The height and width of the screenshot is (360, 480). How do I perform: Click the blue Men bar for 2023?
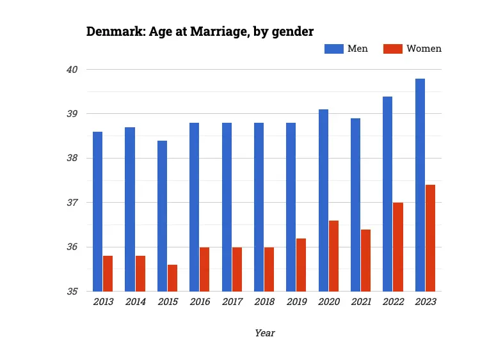click(x=420, y=185)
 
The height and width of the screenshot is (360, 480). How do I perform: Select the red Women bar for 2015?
click(x=173, y=278)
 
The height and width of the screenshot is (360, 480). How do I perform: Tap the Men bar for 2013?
click(x=98, y=212)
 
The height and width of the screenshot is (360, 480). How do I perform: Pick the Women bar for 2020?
click(x=333, y=256)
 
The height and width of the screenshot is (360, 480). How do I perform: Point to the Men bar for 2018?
click(x=259, y=207)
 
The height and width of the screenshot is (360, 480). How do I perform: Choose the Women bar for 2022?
click(x=398, y=247)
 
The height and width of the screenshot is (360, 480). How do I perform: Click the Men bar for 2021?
click(x=355, y=205)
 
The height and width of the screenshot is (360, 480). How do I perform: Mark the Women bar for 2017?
click(x=237, y=269)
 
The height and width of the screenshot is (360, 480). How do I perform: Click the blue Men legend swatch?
click(x=333, y=49)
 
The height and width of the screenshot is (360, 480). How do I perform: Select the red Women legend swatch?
click(x=393, y=49)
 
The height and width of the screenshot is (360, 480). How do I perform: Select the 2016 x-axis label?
click(x=200, y=302)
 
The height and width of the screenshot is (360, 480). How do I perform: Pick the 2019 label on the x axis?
click(x=296, y=302)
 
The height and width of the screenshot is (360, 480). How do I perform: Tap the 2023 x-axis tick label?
click(x=425, y=302)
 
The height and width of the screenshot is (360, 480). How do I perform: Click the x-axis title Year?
click(x=264, y=333)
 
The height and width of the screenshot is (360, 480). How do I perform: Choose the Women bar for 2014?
click(x=140, y=274)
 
